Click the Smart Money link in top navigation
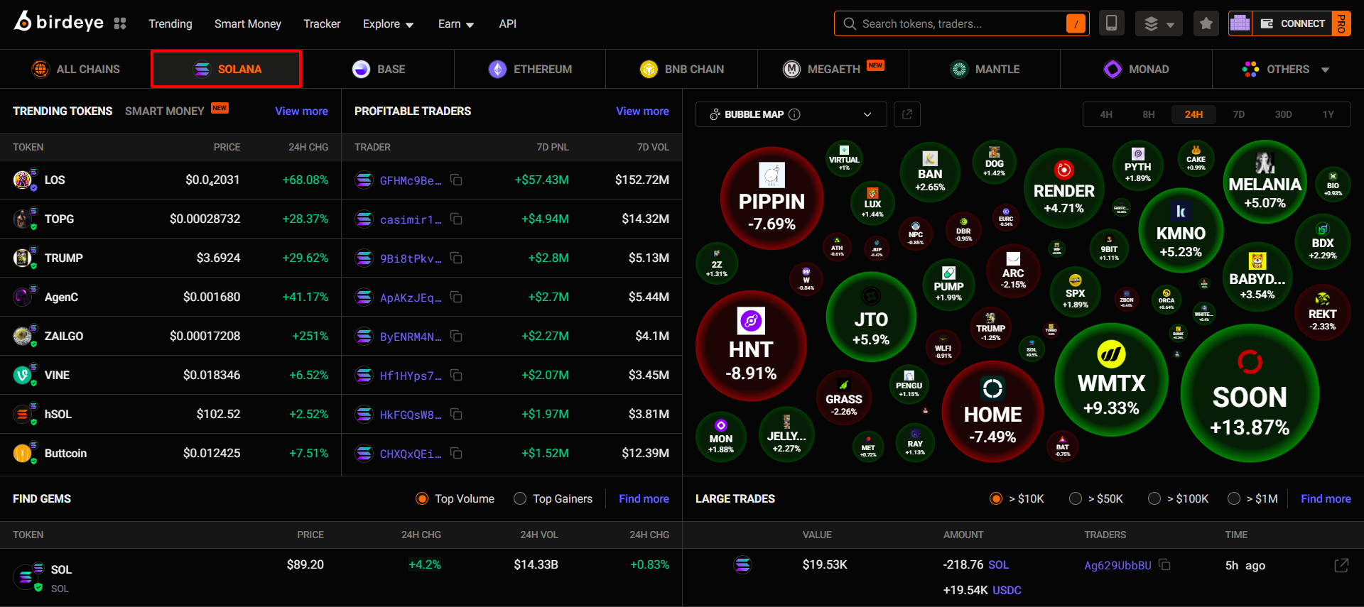coord(247,24)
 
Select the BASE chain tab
coord(379,70)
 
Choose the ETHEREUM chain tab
coord(530,70)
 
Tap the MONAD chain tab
coord(1136,70)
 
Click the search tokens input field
coord(952,24)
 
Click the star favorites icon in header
coord(1206,24)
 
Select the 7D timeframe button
coord(1238,114)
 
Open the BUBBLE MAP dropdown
coord(791,114)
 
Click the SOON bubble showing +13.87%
coord(1249,394)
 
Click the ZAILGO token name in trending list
coord(64,337)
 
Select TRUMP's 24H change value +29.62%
coord(305,258)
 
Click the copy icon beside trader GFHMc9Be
coord(456,180)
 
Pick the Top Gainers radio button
coord(520,499)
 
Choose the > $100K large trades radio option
coord(1154,499)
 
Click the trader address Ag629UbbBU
coord(1117,566)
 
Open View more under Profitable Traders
coord(642,111)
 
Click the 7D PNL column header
coord(552,148)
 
